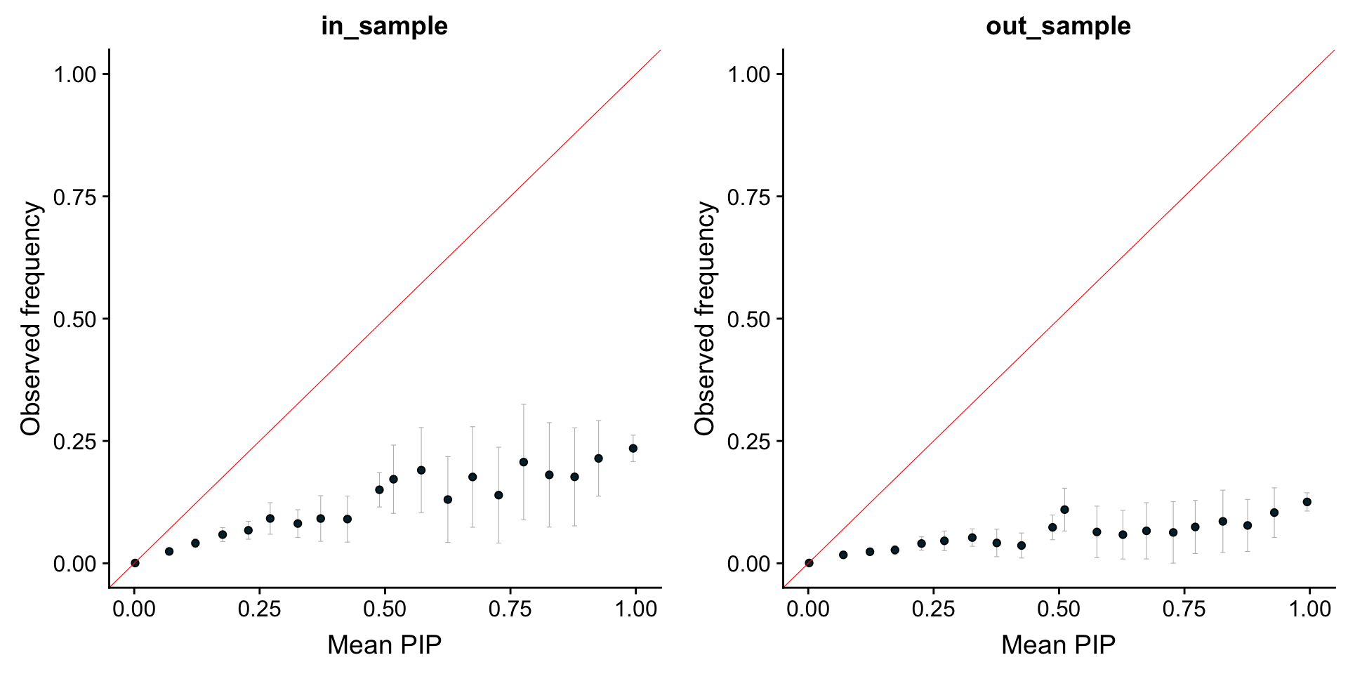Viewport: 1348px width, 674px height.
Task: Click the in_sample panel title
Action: tap(384, 26)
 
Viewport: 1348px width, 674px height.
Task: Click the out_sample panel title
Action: tap(1058, 26)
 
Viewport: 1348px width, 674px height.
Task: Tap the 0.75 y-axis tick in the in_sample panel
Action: tap(75, 197)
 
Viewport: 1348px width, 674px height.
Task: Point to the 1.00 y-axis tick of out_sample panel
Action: tap(749, 74)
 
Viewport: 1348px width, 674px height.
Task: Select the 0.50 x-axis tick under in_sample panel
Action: tap(385, 609)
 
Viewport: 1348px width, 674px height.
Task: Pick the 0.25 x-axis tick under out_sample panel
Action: tap(933, 609)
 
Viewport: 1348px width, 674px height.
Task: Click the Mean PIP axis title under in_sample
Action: tap(384, 645)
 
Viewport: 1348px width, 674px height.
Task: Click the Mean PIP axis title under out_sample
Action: tap(1058, 645)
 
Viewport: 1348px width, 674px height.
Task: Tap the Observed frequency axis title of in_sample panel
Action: tap(31, 318)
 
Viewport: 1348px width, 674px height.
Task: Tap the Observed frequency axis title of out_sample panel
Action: tap(705, 318)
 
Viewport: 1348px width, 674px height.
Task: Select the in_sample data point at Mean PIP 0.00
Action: tap(135, 563)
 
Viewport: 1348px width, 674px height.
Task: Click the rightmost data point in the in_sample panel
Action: tap(633, 448)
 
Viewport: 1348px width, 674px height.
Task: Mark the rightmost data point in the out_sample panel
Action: tap(1307, 502)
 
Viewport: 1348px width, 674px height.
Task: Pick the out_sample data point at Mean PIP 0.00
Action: tap(809, 563)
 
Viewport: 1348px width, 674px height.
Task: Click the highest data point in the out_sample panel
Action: tap(1307, 502)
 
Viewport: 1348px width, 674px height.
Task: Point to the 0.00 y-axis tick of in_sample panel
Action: tap(75, 564)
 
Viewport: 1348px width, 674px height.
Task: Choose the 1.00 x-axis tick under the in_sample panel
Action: tap(635, 609)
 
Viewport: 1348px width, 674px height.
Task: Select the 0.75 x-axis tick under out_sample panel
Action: tap(1184, 609)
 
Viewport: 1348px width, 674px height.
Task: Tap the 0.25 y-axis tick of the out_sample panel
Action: tap(749, 442)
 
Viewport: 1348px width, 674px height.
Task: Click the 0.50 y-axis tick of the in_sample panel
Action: tap(75, 319)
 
